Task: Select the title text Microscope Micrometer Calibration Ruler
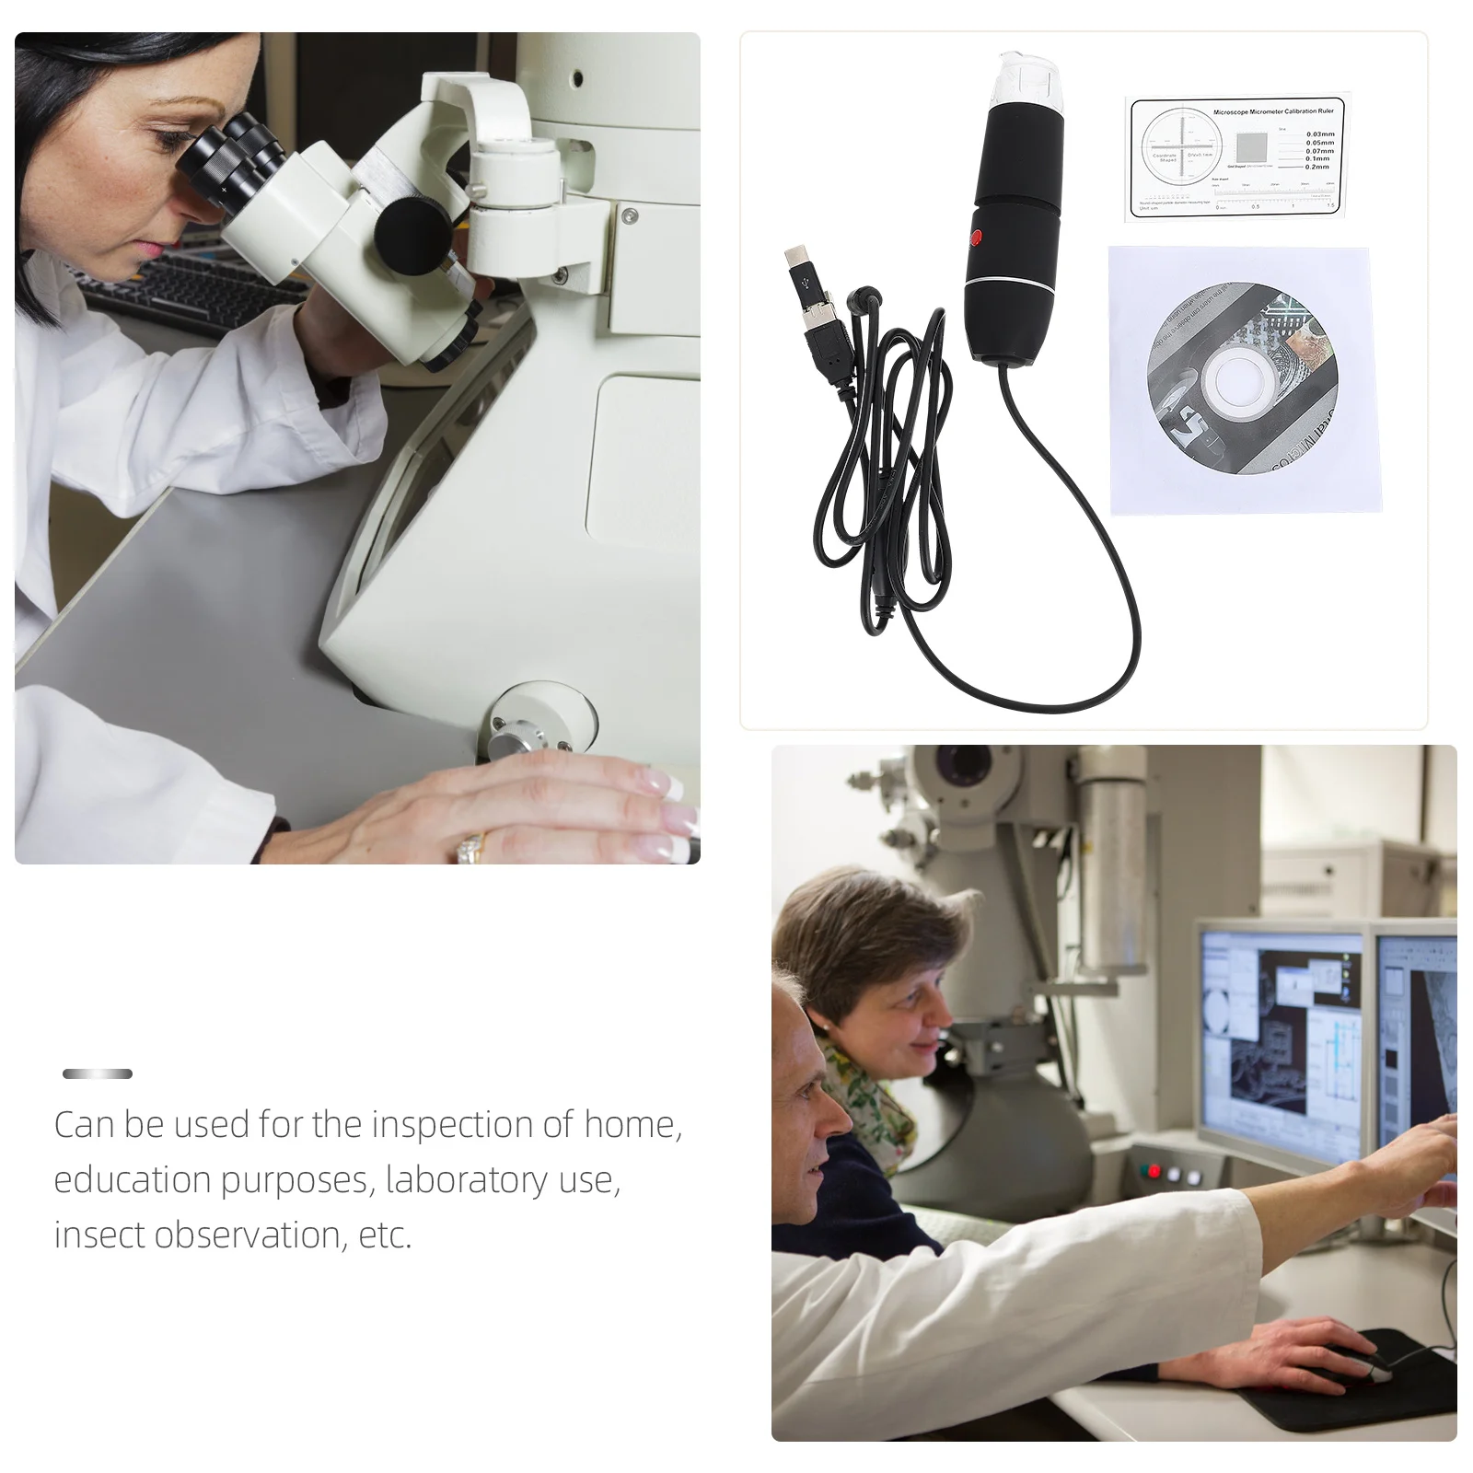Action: (1272, 111)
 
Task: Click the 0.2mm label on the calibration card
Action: (1317, 167)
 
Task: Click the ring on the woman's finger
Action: (470, 847)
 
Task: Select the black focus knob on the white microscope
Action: (412, 231)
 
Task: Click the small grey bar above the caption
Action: (98, 1073)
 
